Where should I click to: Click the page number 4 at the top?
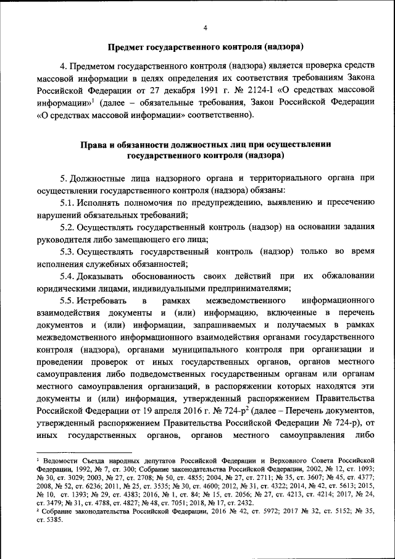[x=206, y=28]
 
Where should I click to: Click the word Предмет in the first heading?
[x=127, y=48]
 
